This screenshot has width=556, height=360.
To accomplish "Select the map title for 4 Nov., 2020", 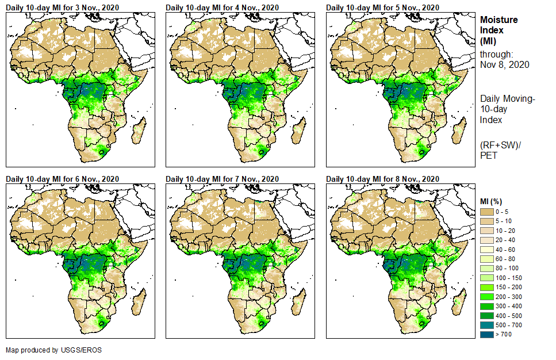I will (x=223, y=7).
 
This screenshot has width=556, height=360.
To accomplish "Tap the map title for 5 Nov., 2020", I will (x=382, y=7).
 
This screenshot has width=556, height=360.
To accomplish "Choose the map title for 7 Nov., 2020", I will (x=223, y=179).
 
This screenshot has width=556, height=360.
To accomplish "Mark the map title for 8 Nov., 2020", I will (x=382, y=179).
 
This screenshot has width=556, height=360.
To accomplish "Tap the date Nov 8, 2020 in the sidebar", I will (x=504, y=64).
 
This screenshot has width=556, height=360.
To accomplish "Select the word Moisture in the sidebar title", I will (x=499, y=20).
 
